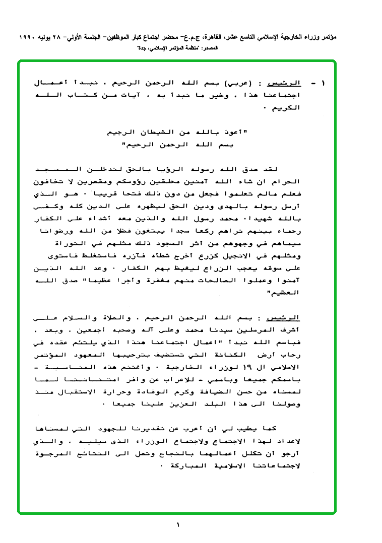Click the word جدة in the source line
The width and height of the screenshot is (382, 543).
[143, 48]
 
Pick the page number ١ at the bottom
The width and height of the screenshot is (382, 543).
[178, 525]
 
